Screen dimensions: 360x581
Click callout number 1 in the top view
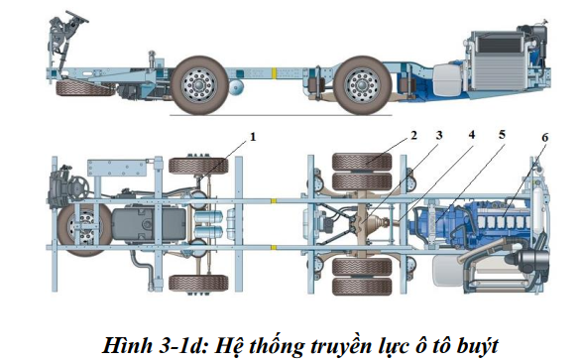252,137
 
